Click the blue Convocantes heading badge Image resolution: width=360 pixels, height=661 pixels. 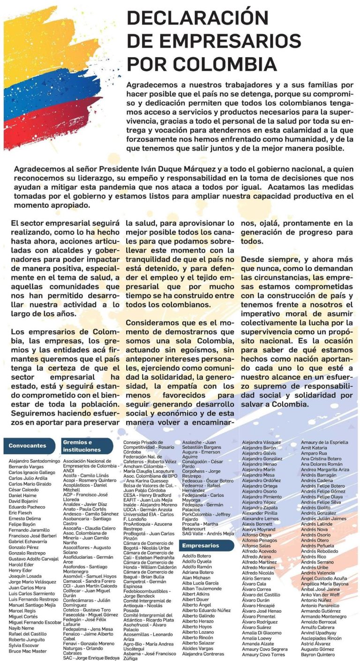click(x=28, y=445)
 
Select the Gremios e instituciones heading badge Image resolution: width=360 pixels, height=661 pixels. click(x=86, y=446)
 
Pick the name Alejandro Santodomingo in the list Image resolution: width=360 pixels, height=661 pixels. click(x=35, y=461)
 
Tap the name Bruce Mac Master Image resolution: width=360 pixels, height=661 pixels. click(x=28, y=651)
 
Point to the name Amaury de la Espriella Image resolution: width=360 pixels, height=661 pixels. click(x=324, y=442)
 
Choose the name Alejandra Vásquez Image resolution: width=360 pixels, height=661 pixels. click(x=262, y=442)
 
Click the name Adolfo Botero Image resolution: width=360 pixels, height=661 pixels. click(x=197, y=556)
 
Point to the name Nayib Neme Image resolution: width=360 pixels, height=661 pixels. click(x=21, y=627)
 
